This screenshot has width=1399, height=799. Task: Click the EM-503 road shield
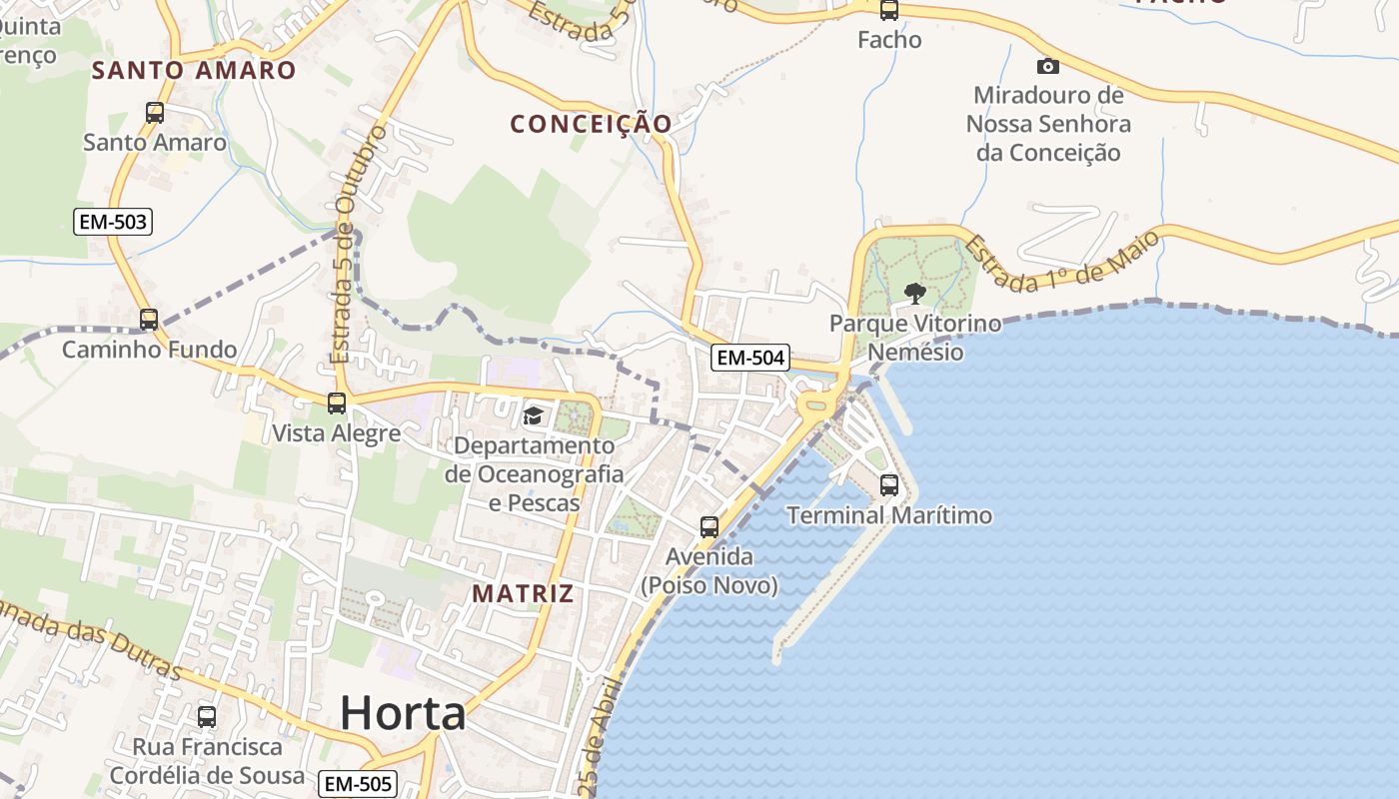(113, 222)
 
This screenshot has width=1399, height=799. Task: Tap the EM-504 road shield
(750, 358)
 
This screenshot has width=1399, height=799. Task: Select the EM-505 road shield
(358, 784)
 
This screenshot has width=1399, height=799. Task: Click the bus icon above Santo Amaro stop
(155, 113)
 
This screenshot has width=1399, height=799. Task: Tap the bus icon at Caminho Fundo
(149, 320)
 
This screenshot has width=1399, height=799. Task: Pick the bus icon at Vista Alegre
(337, 403)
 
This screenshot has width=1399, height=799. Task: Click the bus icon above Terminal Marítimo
(889, 486)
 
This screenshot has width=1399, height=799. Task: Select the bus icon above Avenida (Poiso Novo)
(709, 526)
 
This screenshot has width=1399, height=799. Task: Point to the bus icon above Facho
(889, 11)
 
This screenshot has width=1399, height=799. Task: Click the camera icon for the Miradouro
(1048, 66)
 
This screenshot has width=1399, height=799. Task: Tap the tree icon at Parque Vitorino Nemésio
(914, 294)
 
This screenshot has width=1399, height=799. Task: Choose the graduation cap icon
(533, 415)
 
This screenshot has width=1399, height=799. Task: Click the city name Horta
(403, 713)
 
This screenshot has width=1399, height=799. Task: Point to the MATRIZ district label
(523, 593)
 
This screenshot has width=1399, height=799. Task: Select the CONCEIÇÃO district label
(591, 124)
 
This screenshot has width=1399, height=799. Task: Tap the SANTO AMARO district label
(194, 70)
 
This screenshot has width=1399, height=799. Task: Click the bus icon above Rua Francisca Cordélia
(207, 717)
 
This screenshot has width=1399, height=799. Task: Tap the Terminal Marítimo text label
(889, 515)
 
